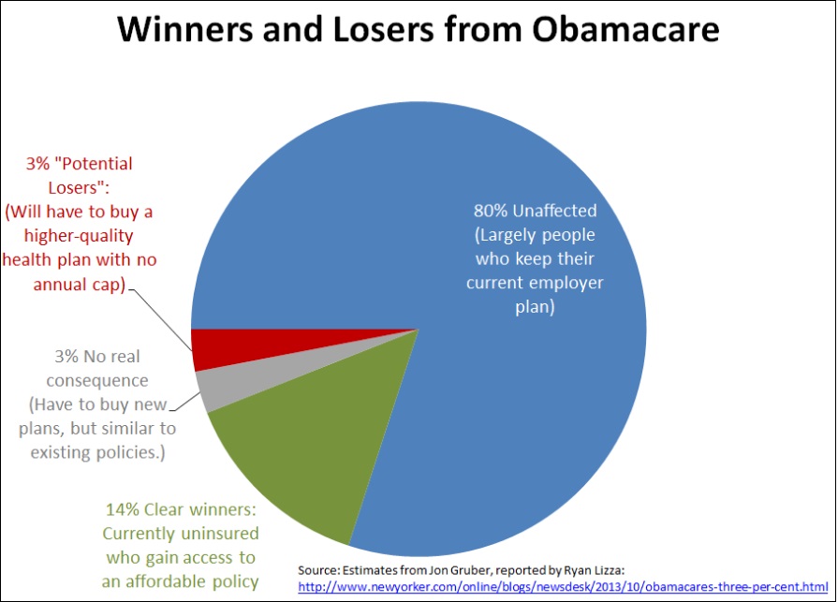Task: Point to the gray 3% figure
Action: [66, 357]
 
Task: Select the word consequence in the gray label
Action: [97, 381]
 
